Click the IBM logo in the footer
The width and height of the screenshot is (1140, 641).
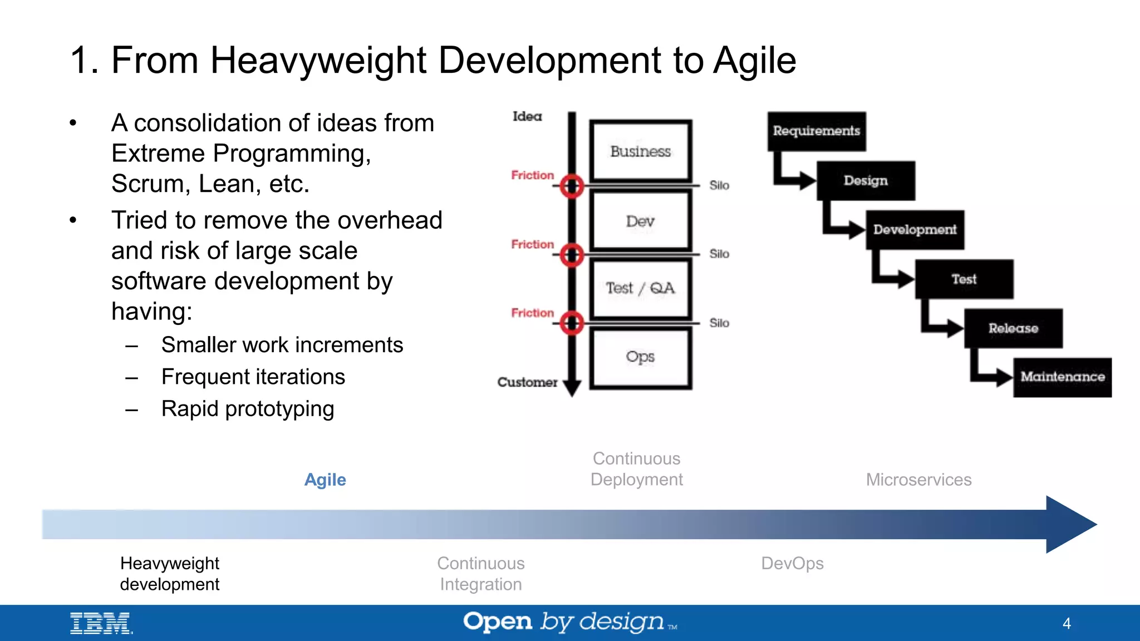[101, 623]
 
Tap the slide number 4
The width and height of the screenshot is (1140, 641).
[1067, 623]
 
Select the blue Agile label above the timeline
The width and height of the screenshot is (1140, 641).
[325, 480]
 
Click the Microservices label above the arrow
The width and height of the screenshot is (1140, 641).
[918, 480]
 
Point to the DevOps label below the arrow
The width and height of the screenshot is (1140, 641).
[792, 563]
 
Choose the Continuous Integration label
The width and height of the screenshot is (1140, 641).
[481, 574]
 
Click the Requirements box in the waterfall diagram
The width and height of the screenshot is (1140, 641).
[816, 131]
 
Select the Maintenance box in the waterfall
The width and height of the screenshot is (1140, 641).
[1062, 377]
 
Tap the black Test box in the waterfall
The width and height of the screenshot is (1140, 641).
[964, 279]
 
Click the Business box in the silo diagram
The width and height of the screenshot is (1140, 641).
[641, 151]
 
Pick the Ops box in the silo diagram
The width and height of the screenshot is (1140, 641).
[640, 357]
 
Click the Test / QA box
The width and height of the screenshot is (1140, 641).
[640, 288]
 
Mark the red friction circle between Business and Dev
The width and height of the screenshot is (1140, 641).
[572, 186]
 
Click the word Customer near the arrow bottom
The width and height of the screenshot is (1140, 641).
[527, 382]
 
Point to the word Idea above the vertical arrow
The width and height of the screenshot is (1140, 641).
[527, 116]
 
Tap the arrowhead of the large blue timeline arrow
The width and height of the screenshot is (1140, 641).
[1069, 524]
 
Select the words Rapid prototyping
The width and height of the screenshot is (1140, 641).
[248, 409]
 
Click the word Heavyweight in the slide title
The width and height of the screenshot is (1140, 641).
[318, 60]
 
